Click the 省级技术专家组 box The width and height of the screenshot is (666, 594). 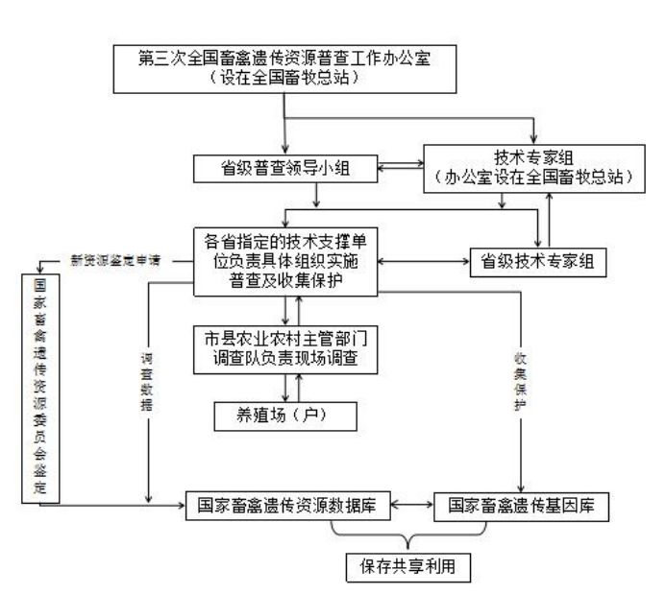pos(537,261)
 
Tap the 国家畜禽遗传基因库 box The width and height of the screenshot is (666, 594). pos(521,505)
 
